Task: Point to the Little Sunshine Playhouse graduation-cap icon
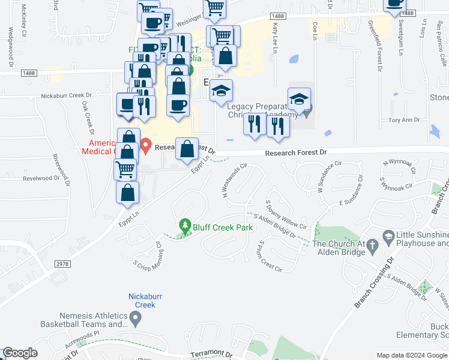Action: click(388, 236)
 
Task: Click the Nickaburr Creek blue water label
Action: click(142, 301)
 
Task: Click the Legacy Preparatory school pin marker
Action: click(299, 98)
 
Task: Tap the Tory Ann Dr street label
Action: click(403, 120)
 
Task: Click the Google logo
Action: click(20, 353)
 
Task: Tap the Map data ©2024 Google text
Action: click(412, 355)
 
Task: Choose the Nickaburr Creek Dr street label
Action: click(67, 95)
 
